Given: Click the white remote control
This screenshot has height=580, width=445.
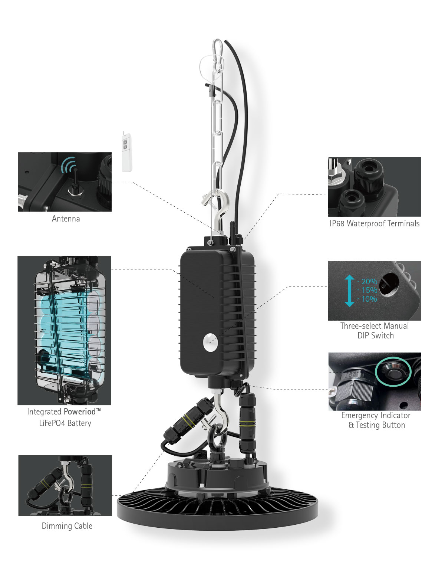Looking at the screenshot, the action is point(127,152).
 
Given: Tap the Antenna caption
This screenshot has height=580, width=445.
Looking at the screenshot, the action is point(66,219).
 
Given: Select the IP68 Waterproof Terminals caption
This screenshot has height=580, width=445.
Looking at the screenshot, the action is point(374,223).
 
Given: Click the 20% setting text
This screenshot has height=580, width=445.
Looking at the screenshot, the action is point(369,281).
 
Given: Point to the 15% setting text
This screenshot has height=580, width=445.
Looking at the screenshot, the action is point(369,290).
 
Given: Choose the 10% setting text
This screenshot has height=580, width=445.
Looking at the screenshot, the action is point(369,299).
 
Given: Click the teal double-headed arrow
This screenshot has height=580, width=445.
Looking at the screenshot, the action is point(349,291).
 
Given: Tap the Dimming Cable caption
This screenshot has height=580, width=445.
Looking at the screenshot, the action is point(67,526).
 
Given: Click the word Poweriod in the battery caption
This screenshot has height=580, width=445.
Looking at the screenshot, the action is point(80,412).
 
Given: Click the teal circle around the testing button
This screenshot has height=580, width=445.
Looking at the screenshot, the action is point(393,371).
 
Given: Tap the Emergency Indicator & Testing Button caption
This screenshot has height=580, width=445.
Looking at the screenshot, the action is point(376,420).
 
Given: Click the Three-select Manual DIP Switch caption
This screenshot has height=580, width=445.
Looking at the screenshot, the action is point(375,330).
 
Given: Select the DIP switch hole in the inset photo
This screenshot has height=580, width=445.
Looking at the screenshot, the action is point(389,284).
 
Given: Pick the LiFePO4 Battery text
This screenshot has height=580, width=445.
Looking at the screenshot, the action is point(65,423).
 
